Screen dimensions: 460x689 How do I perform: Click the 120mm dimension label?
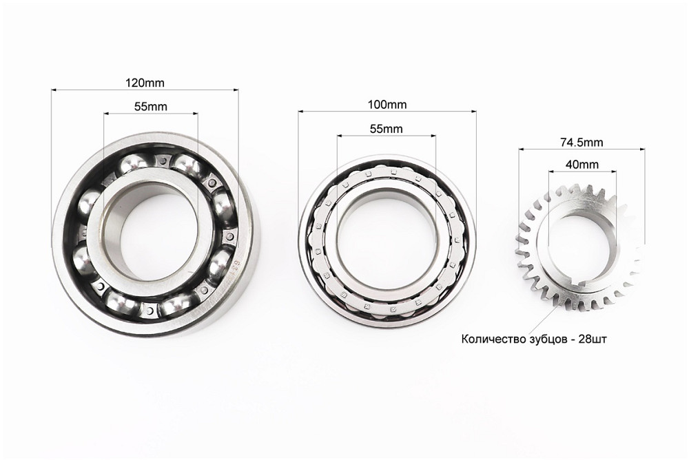click(145, 83)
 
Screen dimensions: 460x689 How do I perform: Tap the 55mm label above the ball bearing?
click(150, 107)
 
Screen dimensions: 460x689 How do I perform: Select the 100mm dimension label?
click(387, 105)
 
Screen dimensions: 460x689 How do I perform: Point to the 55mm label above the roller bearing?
click(387, 129)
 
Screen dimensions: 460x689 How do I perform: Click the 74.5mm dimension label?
click(582, 143)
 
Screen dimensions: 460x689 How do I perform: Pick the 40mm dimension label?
click(582, 165)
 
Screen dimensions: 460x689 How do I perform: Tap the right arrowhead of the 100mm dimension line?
click(474, 112)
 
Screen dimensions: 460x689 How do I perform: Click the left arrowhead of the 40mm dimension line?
click(551, 172)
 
